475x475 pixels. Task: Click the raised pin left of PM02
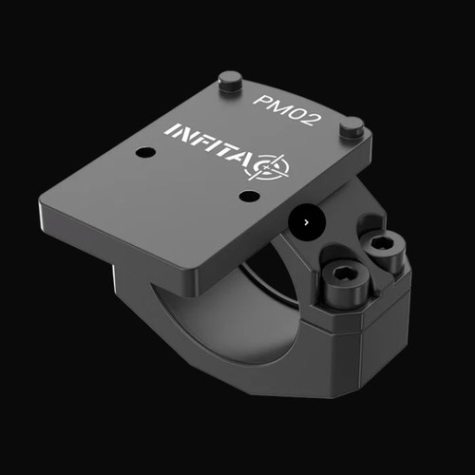[x=230, y=82]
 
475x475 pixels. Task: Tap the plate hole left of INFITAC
[x=144, y=152]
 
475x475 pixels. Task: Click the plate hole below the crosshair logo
[x=249, y=197]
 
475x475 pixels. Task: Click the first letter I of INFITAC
[x=169, y=129]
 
